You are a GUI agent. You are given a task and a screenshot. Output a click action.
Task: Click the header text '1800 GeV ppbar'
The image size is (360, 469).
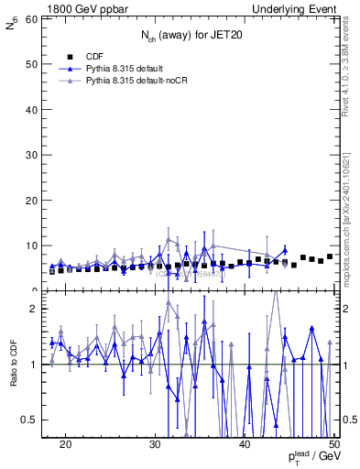[80, 8]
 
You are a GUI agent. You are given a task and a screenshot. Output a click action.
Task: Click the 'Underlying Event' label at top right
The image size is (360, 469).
[293, 8]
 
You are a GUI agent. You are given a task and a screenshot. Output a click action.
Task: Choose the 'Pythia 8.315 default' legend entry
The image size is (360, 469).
[125, 69]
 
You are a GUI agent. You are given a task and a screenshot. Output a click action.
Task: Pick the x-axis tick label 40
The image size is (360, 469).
[245, 444]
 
